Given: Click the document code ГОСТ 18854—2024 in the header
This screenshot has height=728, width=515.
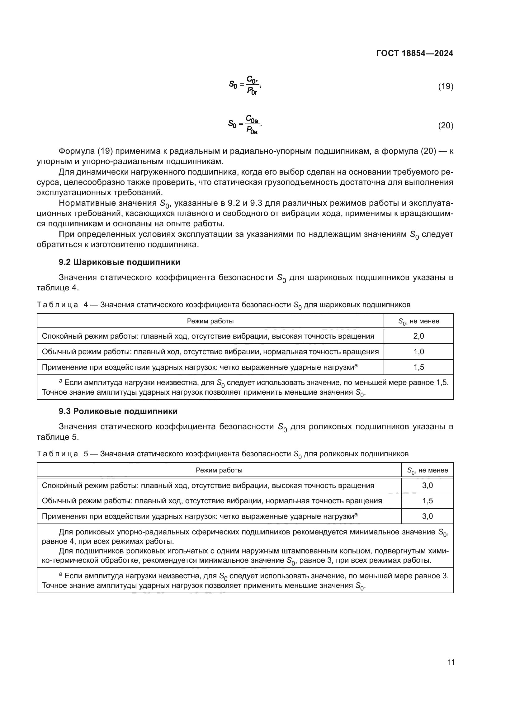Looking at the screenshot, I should click(x=414, y=53).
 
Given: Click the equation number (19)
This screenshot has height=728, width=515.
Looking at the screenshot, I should click(x=446, y=86).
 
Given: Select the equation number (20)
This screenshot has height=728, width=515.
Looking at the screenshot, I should click(x=446, y=125).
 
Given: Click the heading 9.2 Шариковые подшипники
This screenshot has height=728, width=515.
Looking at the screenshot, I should click(x=119, y=262).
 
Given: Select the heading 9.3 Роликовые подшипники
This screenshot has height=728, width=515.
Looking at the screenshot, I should click(x=118, y=411).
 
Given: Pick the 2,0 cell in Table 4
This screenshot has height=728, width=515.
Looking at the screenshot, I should click(x=418, y=336).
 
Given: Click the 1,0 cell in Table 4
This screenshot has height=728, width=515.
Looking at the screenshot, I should click(x=418, y=352).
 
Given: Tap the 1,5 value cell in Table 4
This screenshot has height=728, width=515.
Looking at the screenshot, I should click(x=418, y=367).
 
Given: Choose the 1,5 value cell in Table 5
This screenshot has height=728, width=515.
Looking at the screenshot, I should click(x=427, y=501).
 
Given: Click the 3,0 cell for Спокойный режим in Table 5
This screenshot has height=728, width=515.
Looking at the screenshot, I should click(x=427, y=486).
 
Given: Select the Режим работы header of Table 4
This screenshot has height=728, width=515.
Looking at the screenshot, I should click(x=210, y=321).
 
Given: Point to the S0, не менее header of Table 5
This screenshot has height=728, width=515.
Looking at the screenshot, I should click(x=427, y=470).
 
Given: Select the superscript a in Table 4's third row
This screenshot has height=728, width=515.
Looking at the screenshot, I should click(x=356, y=366).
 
